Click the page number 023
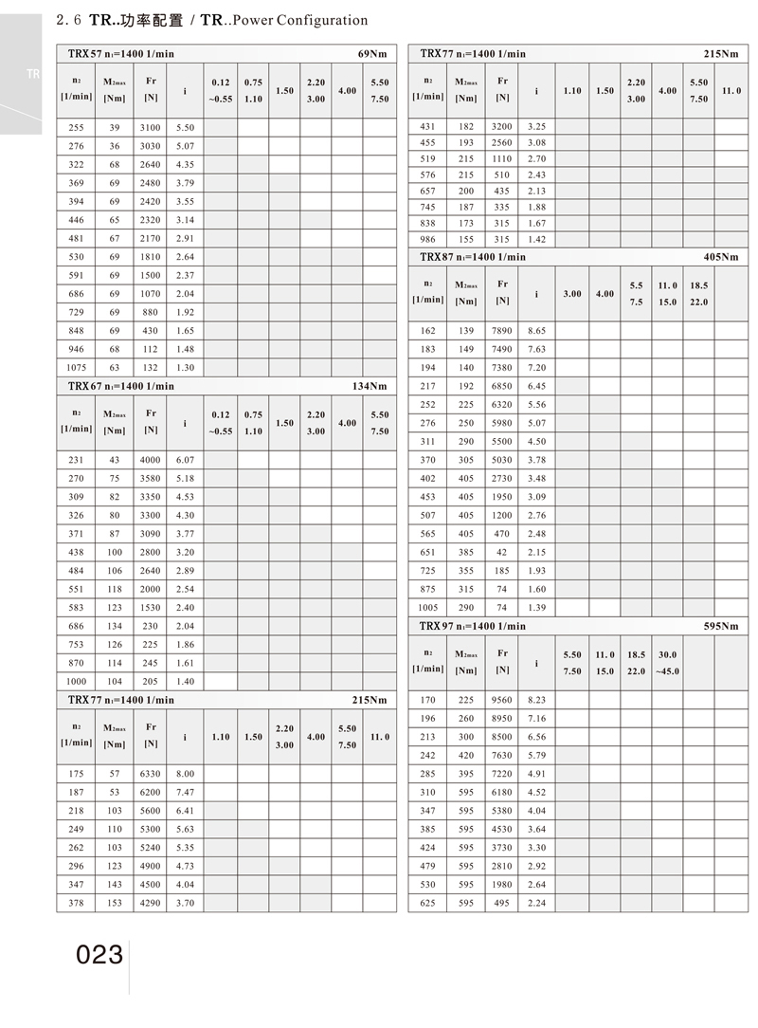100,954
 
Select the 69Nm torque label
371,54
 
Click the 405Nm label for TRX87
721,257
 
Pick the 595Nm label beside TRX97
721,626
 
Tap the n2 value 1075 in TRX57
77,367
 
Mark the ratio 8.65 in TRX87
536,330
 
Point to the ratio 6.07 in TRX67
185,459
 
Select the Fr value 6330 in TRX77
150,773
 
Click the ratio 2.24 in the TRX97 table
536,903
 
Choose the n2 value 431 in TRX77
429,126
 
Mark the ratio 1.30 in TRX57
185,367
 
